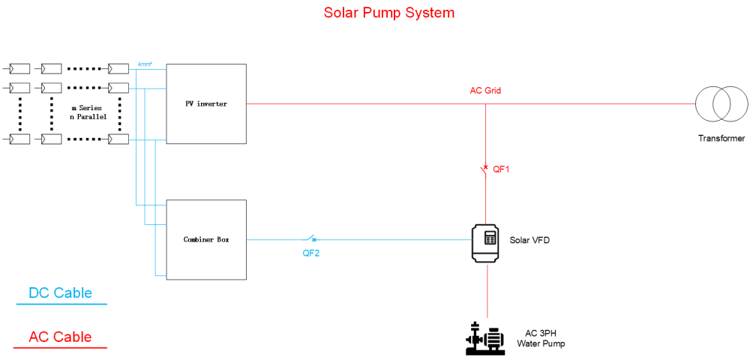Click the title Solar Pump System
388,13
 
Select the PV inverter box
206,103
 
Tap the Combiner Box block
206,239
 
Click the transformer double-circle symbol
721,104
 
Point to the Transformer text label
721,139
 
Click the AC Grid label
485,90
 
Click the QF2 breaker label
311,253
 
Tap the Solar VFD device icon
487,243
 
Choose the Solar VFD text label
530,240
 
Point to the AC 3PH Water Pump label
544,339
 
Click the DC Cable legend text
60,292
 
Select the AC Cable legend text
60,337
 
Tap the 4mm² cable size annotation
145,64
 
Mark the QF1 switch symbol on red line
484,170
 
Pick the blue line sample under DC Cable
61,304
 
